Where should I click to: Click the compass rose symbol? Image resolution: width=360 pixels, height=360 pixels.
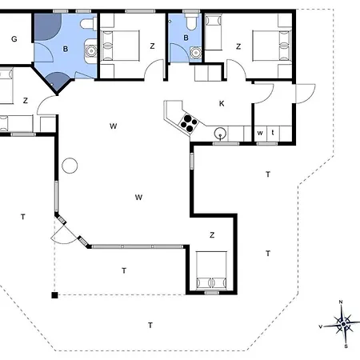coord(343,324)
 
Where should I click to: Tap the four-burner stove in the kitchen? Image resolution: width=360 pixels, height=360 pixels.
coord(189,123)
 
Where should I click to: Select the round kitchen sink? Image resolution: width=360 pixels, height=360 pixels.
coord(220,133)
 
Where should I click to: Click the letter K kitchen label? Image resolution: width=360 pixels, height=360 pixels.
coord(222,103)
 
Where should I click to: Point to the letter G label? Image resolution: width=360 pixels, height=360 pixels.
coord(14,39)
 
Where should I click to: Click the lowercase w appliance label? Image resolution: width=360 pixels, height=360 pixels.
coord(260,133)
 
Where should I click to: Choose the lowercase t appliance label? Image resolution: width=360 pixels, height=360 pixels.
coord(273,132)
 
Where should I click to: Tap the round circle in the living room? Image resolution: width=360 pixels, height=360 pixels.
coord(70,166)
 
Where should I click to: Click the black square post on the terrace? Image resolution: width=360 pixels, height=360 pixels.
coord(54,295)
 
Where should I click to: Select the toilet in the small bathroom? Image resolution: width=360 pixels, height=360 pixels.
coord(191,21)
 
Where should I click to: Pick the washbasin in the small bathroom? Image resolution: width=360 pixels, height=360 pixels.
coord(196,53)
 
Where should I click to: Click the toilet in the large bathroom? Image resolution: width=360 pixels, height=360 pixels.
coord(88,24)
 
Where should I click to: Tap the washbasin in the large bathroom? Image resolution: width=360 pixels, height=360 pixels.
coord(91,50)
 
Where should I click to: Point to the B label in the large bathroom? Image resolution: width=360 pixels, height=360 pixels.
coord(66,49)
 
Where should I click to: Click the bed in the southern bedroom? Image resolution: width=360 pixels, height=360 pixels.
coord(211,270)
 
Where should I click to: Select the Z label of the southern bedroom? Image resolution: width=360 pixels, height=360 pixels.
coord(212,235)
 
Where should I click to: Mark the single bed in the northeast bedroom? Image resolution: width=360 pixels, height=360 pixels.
coord(214,32)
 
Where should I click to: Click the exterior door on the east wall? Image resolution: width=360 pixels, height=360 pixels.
coord(306,94)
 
